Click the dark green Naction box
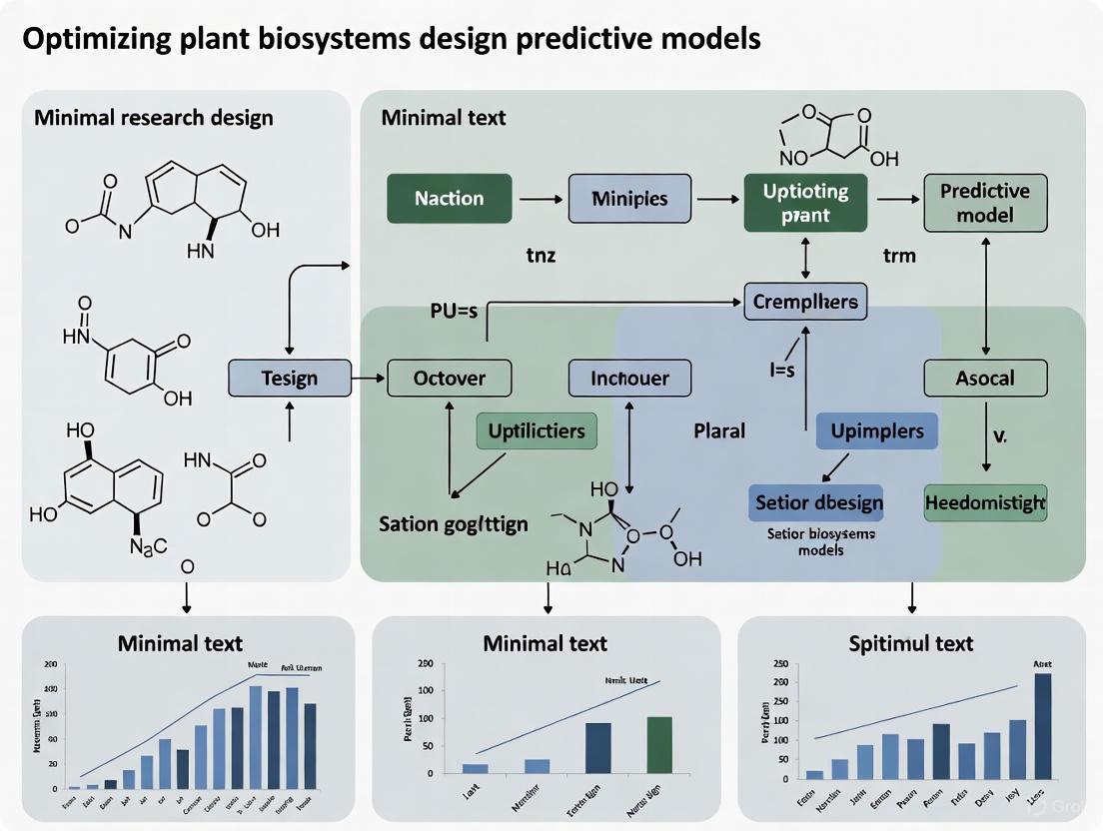point(449,198)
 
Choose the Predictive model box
point(985,203)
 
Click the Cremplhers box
point(806,302)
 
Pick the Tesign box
point(290,379)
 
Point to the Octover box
point(449,379)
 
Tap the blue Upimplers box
point(877,431)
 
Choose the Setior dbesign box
point(818,502)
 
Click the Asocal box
point(985,379)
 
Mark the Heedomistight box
point(985,502)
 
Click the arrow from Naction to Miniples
point(541,199)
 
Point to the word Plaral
point(720,431)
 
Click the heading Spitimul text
point(909,643)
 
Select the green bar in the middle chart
point(660,744)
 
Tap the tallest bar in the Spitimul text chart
point(1042,726)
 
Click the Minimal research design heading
point(153,118)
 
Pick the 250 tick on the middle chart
point(425,664)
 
